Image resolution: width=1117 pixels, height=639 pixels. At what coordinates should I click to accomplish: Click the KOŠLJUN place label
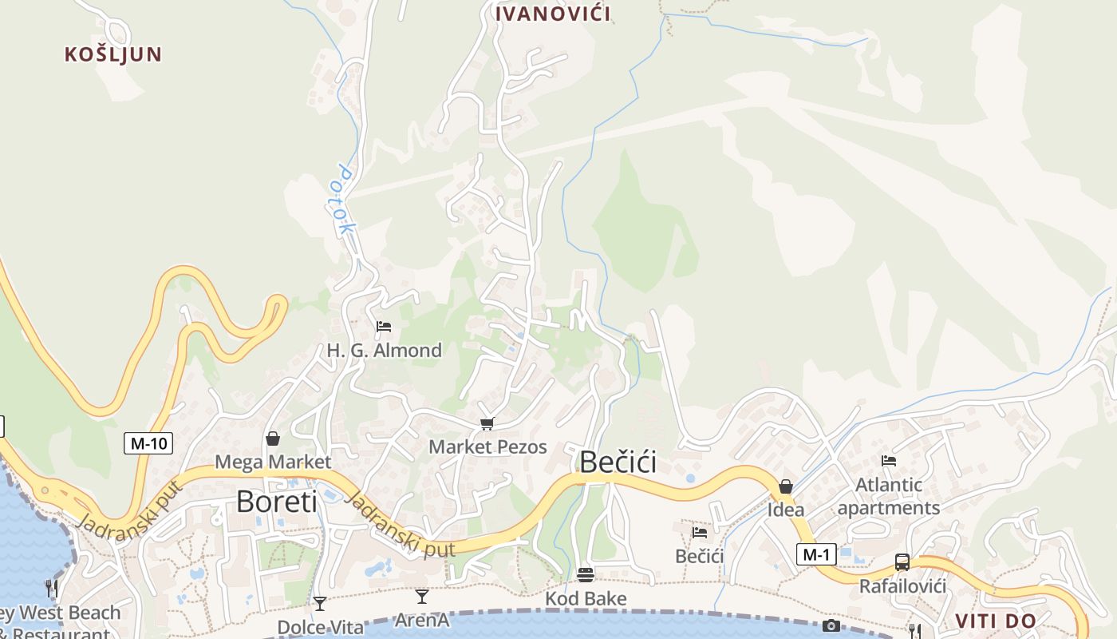point(113,54)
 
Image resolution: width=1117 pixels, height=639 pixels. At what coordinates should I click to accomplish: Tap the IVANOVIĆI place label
point(553,14)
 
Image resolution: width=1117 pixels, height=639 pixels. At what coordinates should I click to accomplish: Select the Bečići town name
point(618,462)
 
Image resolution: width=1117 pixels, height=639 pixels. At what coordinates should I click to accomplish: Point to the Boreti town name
point(276,502)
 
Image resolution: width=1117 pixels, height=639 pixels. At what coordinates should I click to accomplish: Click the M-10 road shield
point(148,443)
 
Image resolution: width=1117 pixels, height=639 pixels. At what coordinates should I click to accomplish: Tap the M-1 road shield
point(815,554)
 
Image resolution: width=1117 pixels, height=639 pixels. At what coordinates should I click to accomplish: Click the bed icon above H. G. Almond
point(384,327)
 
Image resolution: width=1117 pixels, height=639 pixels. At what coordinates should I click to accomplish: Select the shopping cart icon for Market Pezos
point(487,423)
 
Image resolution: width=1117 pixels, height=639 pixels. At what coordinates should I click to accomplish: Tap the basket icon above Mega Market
point(273,439)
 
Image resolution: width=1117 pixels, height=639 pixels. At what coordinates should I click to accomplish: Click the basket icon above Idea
point(786,486)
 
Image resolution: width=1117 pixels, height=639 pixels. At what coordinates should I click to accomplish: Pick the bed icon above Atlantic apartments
point(889,461)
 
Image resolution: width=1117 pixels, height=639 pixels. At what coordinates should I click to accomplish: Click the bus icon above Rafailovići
point(902,562)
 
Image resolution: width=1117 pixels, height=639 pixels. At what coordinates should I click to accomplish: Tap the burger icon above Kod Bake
point(586,575)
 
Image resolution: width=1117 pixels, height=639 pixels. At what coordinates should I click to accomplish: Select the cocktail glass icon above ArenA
point(422,597)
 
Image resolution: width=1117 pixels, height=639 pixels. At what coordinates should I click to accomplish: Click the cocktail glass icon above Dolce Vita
point(320,604)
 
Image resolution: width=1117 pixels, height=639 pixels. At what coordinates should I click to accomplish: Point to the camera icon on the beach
point(831,625)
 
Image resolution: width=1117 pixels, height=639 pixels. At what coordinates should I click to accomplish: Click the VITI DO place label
point(996,621)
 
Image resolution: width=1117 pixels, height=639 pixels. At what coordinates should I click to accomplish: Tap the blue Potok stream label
point(345,200)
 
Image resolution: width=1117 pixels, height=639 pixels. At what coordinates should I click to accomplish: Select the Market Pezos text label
point(487,447)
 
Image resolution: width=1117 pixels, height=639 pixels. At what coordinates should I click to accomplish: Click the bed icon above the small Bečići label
point(700,533)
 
